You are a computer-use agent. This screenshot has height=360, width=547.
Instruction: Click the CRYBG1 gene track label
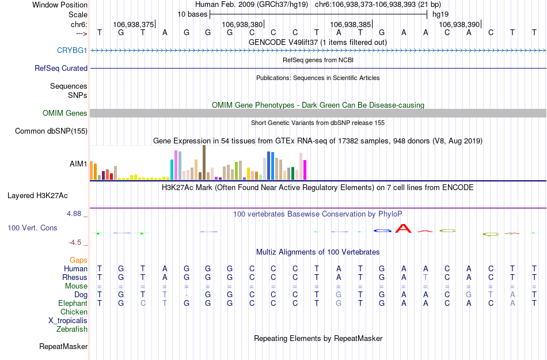coord(72,51)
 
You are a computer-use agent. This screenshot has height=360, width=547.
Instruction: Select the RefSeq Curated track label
coord(61,68)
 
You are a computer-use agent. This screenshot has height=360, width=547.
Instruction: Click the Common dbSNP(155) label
coord(51,131)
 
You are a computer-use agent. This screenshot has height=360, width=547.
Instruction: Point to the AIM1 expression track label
coord(78,164)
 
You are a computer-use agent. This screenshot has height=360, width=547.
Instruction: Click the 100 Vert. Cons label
coord(32,228)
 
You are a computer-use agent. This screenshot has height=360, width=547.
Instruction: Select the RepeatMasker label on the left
coord(63,347)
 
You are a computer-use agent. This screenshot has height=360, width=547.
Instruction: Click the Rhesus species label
coord(75,277)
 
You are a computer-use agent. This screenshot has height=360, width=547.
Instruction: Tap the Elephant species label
coord(73,303)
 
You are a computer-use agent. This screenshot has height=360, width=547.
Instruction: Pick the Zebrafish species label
coord(72,329)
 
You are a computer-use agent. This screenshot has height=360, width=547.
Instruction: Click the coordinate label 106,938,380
coord(242,25)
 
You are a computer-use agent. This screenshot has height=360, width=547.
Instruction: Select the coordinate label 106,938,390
coord(459,25)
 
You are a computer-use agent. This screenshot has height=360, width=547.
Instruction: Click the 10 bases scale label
coord(192,14)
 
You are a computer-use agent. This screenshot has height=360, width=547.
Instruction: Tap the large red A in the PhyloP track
coord(404,229)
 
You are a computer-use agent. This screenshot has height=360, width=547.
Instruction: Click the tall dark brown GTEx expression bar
coord(204,162)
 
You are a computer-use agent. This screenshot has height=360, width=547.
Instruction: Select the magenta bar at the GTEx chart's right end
coord(305,169)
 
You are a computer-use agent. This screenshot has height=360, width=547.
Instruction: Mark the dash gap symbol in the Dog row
coord(186,294)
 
